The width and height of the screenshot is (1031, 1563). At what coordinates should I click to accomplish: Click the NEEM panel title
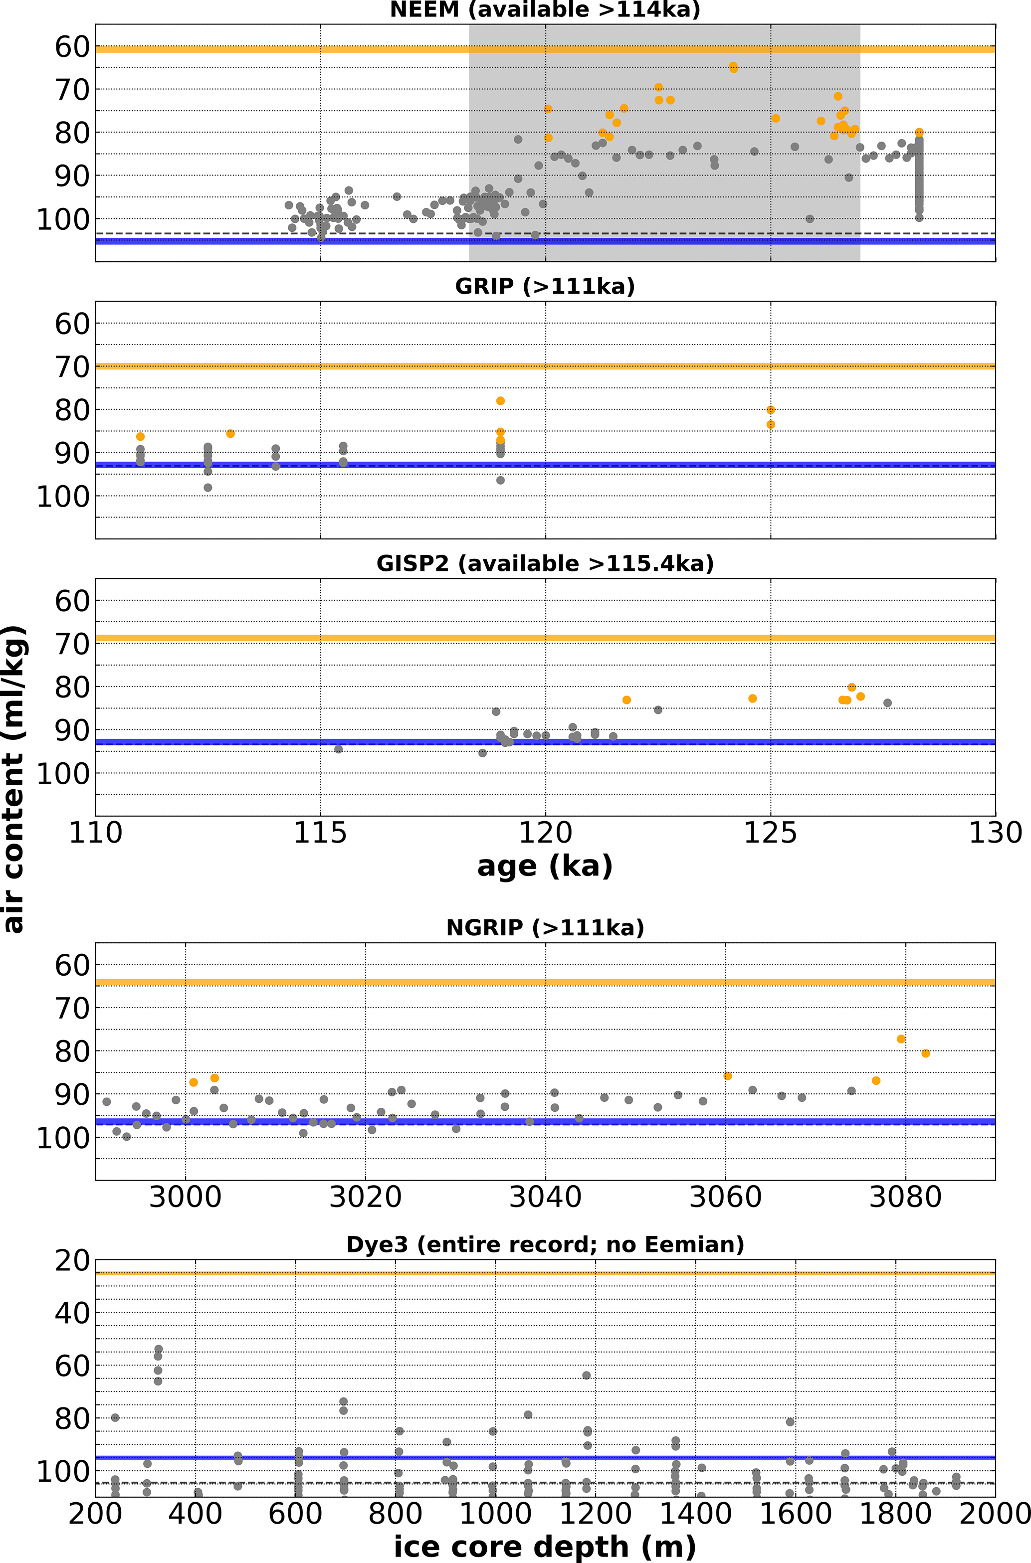tap(545, 10)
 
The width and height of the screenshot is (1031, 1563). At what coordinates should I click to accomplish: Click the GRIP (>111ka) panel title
tap(545, 287)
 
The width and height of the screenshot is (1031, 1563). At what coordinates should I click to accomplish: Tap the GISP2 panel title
tap(545, 564)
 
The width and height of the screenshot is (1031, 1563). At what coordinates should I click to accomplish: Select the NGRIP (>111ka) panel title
tap(545, 927)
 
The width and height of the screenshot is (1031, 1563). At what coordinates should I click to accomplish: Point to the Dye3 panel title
tap(545, 1244)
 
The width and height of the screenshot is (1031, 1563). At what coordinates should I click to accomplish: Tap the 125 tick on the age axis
tap(771, 834)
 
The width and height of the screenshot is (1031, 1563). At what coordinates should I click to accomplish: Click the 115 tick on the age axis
tap(320, 834)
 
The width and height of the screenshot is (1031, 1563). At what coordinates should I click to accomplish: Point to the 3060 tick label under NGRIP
tap(725, 1197)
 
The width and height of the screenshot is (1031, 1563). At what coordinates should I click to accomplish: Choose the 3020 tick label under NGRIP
tap(366, 1197)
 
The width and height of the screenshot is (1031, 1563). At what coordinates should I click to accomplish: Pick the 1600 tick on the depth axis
tap(795, 1514)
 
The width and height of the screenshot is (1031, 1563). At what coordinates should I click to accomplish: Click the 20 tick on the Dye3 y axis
tap(72, 1261)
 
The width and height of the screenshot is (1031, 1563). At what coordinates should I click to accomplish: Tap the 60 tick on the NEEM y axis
tap(72, 47)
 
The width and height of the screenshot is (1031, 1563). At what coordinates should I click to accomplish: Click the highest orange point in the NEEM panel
tap(733, 66)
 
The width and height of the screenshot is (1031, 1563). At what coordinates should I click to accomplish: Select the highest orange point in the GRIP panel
tap(500, 401)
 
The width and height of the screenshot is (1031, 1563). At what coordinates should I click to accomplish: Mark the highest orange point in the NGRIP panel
tap(901, 1039)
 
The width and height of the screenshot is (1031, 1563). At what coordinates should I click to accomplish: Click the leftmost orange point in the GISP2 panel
tap(626, 700)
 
